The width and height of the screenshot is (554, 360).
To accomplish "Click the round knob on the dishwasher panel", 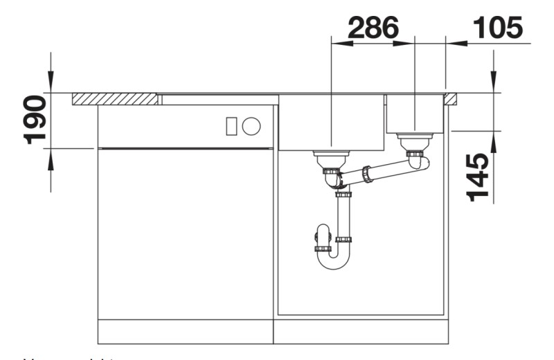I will pos(252,126).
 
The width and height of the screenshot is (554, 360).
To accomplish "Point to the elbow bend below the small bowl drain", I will pos(419,163).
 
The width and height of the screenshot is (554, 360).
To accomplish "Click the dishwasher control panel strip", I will pos(185,127).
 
